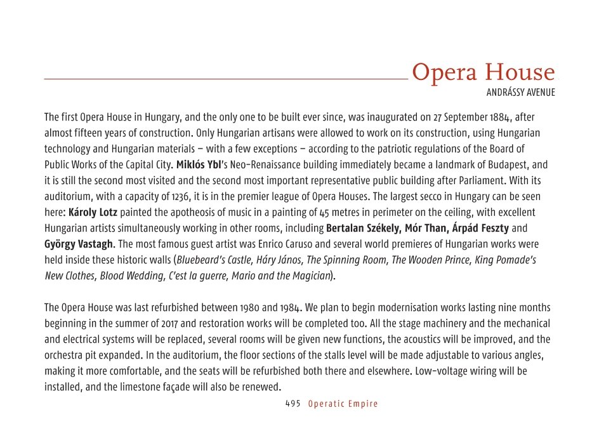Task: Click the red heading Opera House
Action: pos(483,73)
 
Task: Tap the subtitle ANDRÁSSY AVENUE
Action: pos(520,93)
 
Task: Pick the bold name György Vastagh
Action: pos(79,244)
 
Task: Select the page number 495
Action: pos(293,404)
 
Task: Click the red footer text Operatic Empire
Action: pos(343,404)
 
